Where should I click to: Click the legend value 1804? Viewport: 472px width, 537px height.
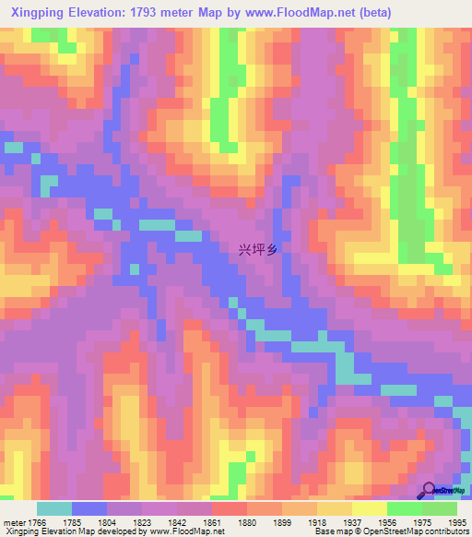point(124,522)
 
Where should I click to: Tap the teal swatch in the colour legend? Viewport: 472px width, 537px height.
point(54,508)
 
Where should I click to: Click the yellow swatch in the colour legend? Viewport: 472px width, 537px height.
point(370,508)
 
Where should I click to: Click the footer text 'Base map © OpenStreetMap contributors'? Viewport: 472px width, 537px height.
point(390,531)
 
